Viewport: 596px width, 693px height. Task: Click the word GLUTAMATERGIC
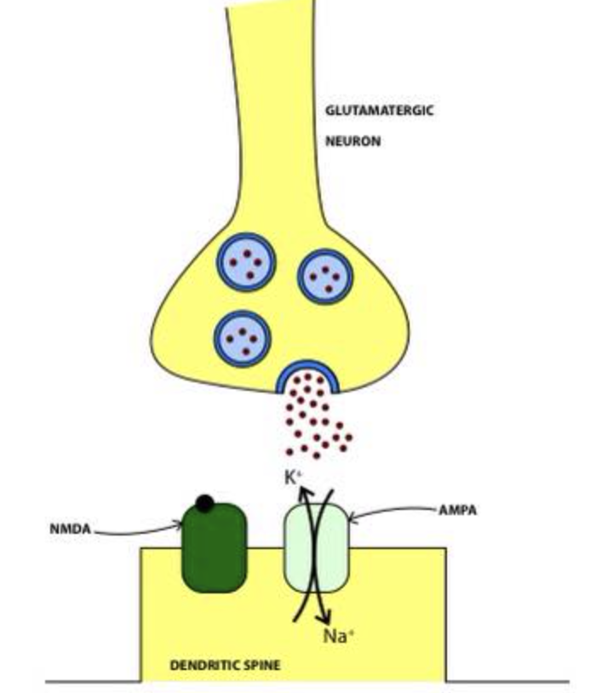point(379,110)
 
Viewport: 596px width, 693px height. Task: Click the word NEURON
point(352,141)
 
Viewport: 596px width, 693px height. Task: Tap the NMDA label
point(70,528)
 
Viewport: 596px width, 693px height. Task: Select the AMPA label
point(457,511)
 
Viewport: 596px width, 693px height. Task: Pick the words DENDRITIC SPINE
point(225,665)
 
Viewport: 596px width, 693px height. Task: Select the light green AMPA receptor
point(317,549)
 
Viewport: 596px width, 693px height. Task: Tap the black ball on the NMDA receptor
point(204,503)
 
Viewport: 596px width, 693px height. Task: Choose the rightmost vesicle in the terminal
point(325,277)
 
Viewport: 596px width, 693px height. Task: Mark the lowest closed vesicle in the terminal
point(243,338)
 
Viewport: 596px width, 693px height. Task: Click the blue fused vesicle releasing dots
point(308,375)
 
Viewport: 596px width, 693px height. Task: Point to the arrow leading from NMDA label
point(136,533)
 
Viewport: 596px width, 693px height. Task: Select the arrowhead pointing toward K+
point(301,484)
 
